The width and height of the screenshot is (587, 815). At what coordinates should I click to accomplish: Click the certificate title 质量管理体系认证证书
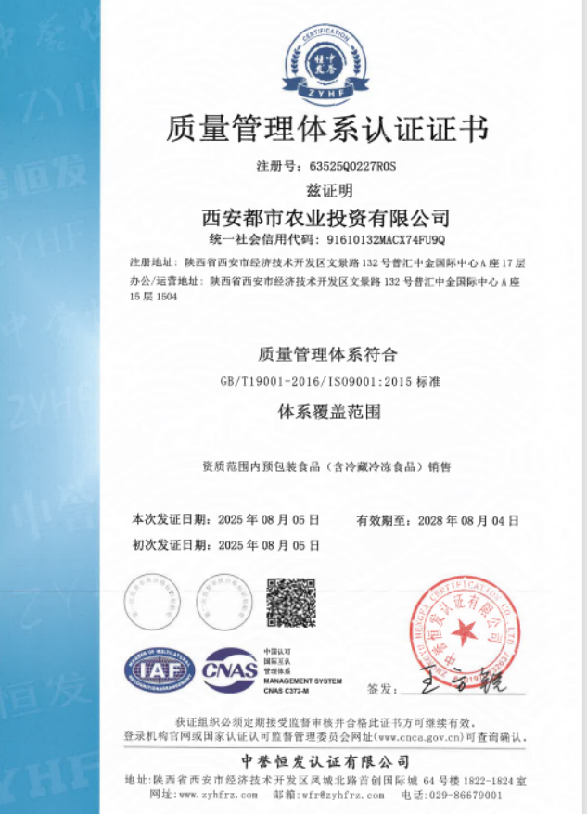(325, 129)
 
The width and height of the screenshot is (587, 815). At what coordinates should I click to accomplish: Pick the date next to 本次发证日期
(268, 520)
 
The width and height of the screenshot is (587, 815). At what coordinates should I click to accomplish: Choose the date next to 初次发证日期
(268, 544)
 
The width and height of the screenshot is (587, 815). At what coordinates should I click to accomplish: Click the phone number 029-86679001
(466, 795)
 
